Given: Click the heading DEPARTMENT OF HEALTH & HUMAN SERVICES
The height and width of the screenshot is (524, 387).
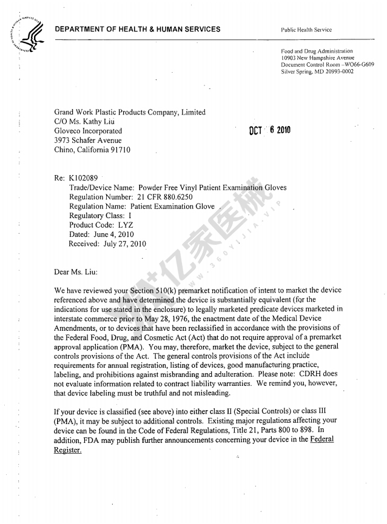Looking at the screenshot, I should [138, 30].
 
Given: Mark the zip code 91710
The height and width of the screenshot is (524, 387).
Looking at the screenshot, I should [118, 150].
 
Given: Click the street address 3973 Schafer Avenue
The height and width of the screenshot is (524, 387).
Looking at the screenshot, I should [92, 140].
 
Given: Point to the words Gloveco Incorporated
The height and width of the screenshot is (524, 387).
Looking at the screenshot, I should [89, 131].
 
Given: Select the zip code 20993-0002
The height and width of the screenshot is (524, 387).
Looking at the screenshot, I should [336, 71].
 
